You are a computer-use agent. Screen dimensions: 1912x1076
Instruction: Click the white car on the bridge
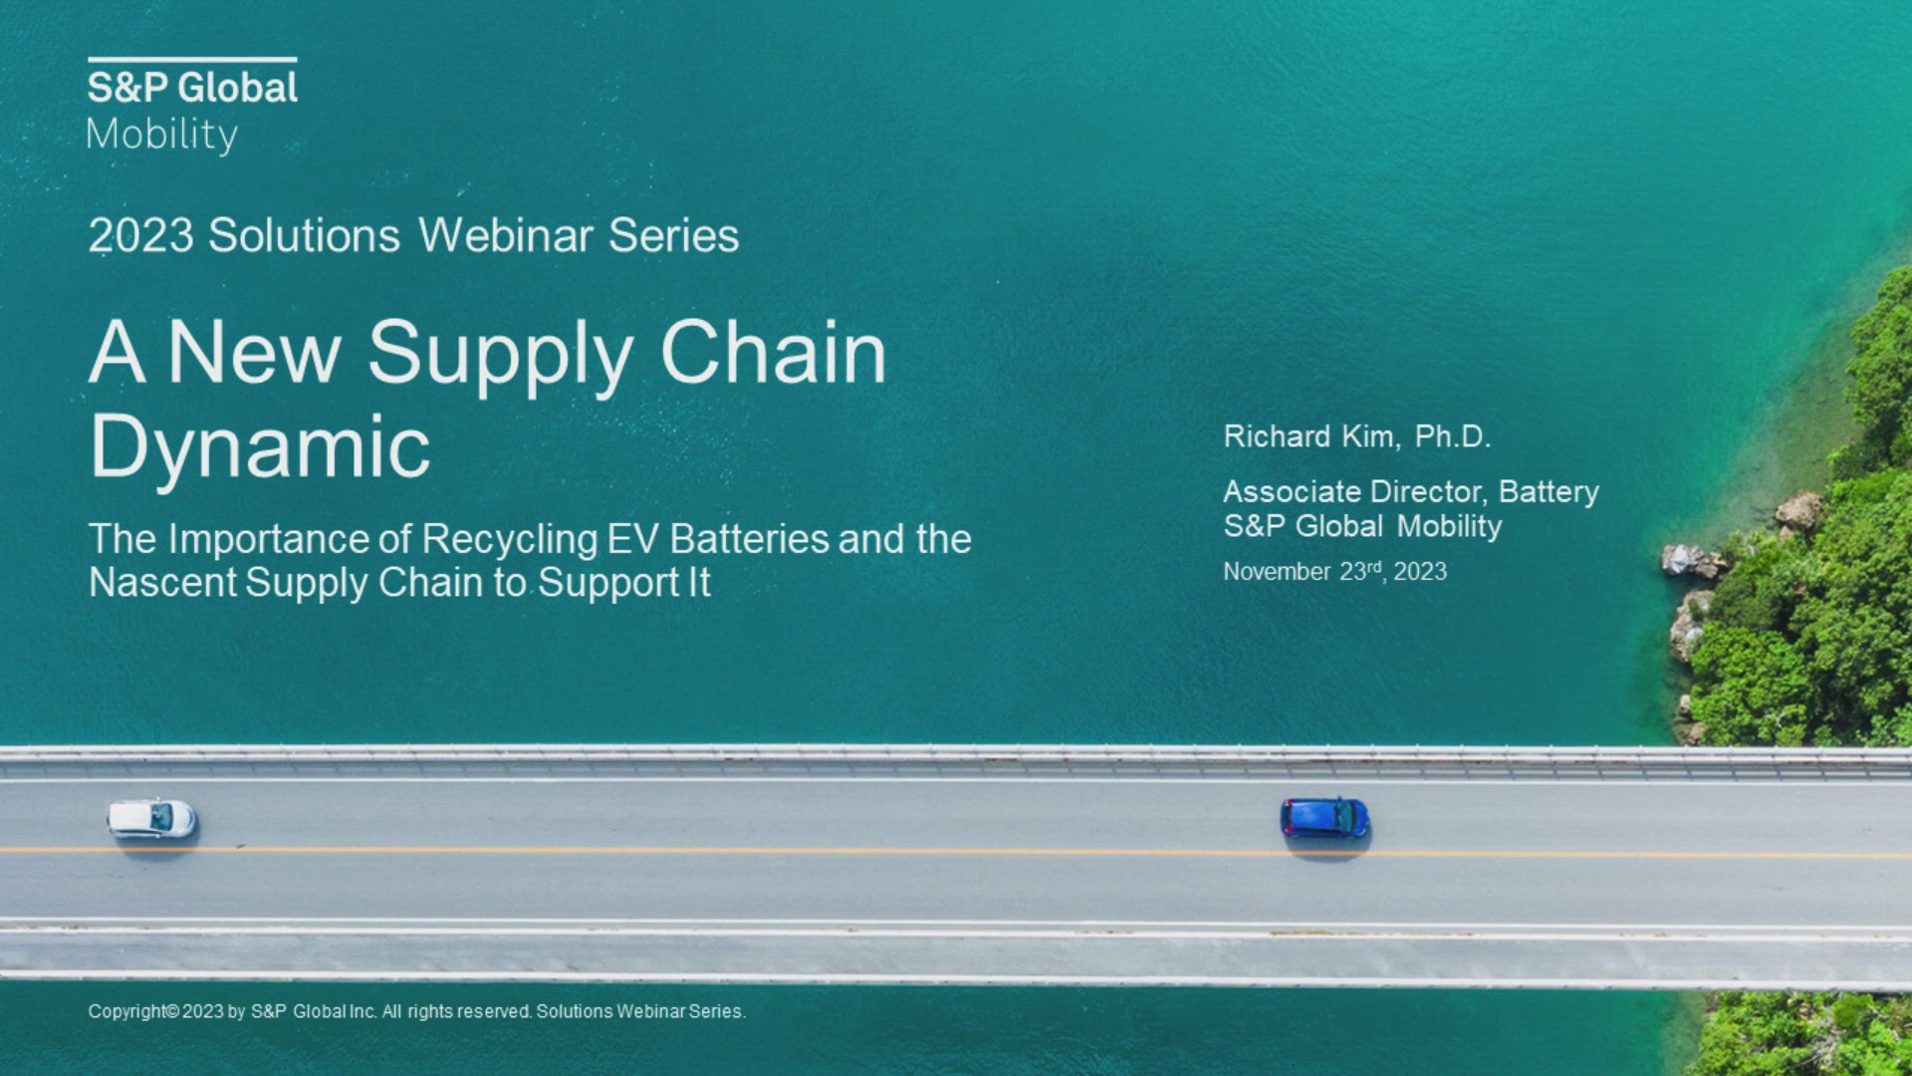click(151, 819)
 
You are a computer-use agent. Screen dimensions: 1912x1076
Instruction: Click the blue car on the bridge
click(1324, 818)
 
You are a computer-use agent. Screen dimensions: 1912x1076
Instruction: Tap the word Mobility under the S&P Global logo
click(162, 135)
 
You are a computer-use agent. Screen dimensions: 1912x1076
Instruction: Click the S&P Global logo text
click(192, 88)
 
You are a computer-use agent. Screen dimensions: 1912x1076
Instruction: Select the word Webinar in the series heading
click(504, 236)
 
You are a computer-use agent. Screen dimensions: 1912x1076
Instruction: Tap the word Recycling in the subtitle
click(509, 540)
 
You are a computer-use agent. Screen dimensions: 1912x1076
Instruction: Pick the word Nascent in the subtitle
click(162, 582)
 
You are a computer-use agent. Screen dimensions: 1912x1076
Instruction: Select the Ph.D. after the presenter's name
click(1453, 436)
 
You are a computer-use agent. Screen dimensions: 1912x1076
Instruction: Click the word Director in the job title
click(1429, 491)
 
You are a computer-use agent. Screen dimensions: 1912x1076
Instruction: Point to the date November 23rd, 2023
click(1334, 571)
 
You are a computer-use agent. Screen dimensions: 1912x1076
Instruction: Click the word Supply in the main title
click(500, 357)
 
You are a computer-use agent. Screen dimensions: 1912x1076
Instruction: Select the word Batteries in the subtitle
click(749, 539)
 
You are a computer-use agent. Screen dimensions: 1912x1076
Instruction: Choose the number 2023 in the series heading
click(140, 236)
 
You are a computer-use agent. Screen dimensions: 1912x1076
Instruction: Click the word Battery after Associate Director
click(1549, 493)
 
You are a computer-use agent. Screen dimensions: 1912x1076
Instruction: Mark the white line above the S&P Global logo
click(192, 60)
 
